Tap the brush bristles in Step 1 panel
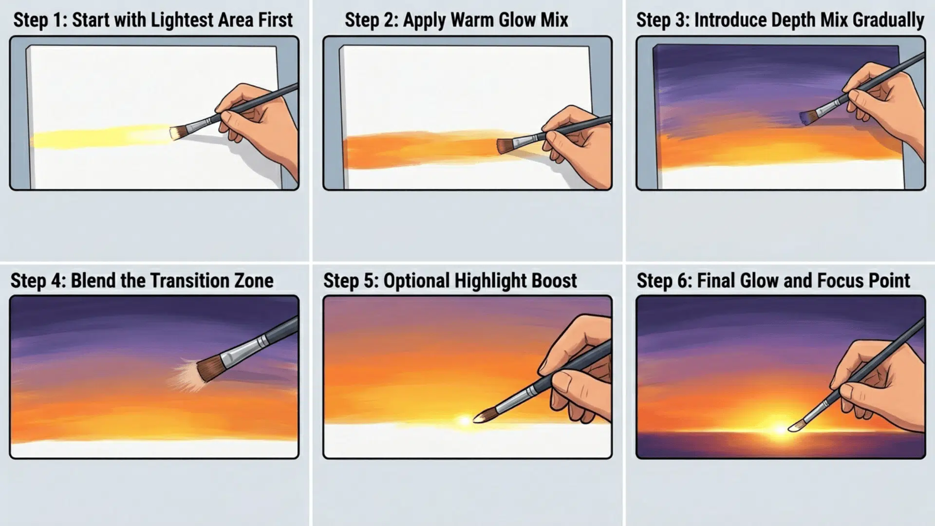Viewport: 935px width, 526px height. pos(176,132)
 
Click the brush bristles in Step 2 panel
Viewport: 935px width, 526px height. pos(505,145)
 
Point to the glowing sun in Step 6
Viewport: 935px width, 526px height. pos(779,429)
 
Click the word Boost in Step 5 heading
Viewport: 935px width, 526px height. pos(554,281)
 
